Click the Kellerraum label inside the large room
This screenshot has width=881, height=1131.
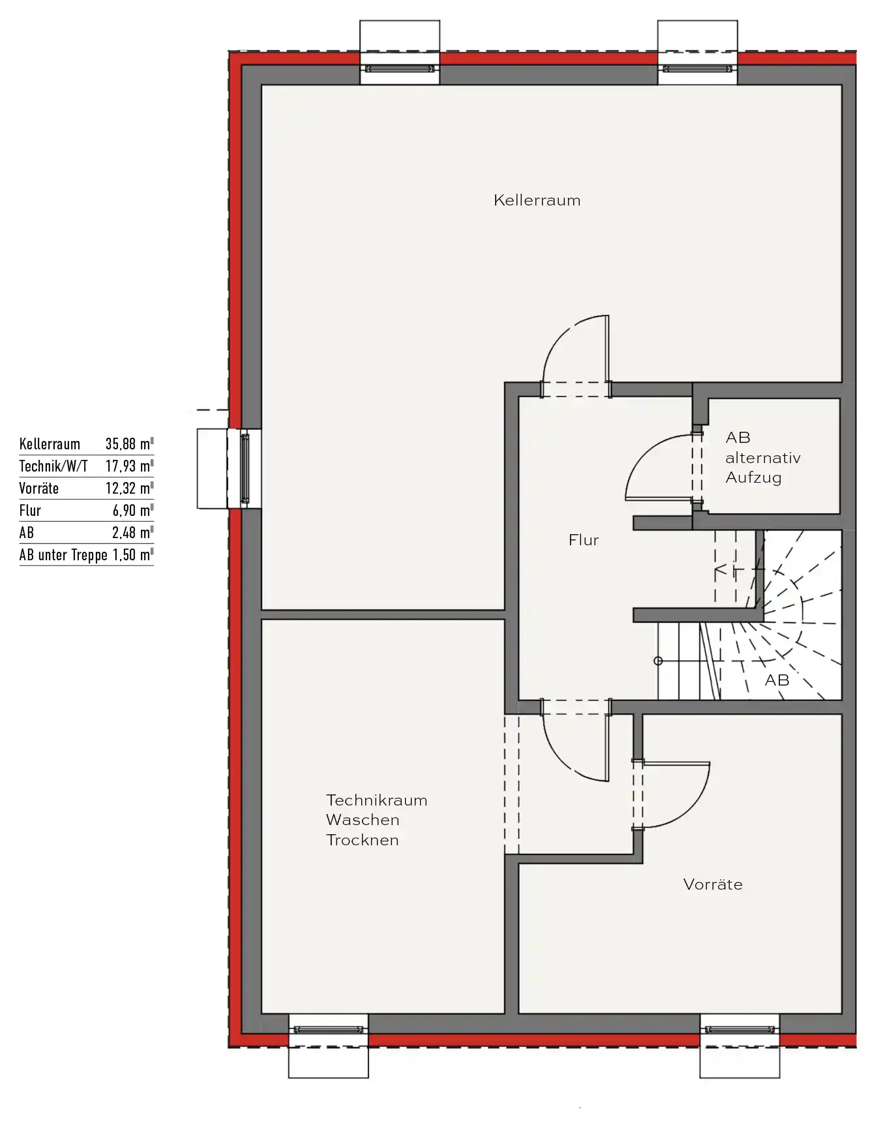[x=537, y=200]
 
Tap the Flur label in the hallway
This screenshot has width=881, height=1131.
[x=584, y=540]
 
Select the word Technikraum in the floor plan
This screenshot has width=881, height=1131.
[x=377, y=800]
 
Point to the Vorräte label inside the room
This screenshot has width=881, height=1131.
[x=713, y=884]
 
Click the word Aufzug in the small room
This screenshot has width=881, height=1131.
[x=754, y=478]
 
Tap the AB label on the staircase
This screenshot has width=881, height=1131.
[x=777, y=680]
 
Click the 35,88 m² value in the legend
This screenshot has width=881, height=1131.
[x=129, y=444]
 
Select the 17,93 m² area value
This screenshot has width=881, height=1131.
[x=129, y=466]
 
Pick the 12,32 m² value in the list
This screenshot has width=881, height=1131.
[x=129, y=489]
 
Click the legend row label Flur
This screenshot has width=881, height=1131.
[x=30, y=511]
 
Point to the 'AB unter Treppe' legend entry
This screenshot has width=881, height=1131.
[x=63, y=555]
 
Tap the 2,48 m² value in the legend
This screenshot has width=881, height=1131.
[x=132, y=533]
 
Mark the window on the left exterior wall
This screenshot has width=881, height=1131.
[x=245, y=468]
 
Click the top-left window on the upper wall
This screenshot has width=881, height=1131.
[x=400, y=68]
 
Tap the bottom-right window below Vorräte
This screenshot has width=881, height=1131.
[x=740, y=1030]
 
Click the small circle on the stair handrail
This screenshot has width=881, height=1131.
[x=658, y=661]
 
